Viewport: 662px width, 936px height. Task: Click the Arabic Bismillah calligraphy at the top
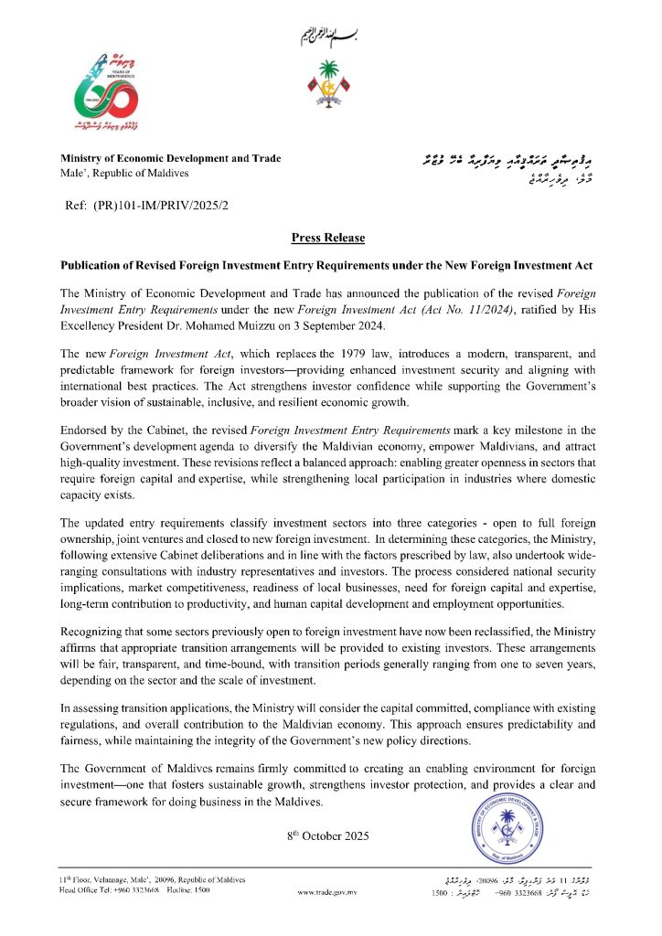(330, 37)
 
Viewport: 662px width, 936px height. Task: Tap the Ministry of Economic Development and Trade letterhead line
(171, 159)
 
